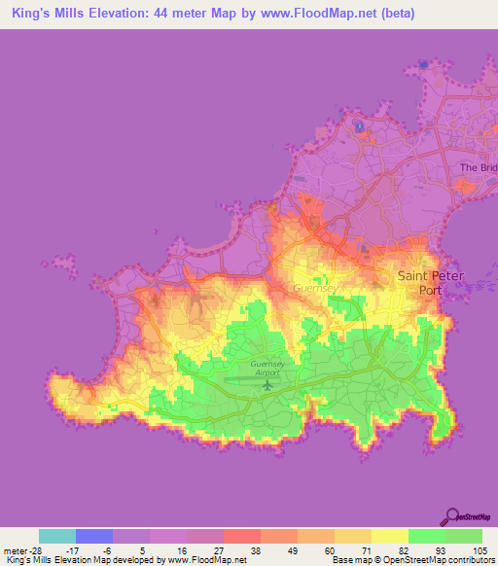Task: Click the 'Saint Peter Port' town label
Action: click(x=431, y=282)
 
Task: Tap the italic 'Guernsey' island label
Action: click(x=313, y=289)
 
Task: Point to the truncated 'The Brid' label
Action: click(x=478, y=168)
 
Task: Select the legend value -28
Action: click(x=20, y=550)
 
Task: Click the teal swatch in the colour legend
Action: click(x=57, y=536)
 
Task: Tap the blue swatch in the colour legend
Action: click(x=94, y=536)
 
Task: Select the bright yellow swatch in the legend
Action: click(x=388, y=536)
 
